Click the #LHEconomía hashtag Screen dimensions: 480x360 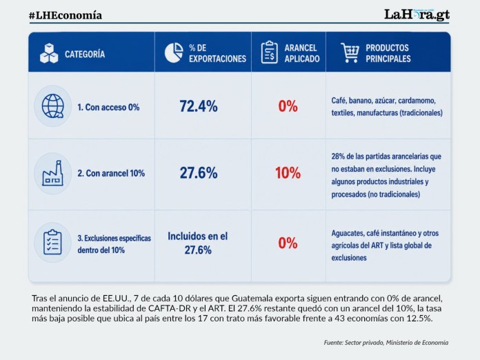pyautogui.click(x=66, y=15)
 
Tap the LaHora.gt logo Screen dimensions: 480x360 pyautogui.click(x=417, y=14)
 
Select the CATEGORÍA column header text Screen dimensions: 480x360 pyautogui.click(x=85, y=54)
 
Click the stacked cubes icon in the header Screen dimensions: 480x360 pyautogui.click(x=49, y=53)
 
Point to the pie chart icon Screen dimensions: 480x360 pyautogui.click(x=174, y=52)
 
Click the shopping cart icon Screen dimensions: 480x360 pyautogui.click(x=350, y=52)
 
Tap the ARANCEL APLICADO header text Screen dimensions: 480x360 pyautogui.click(x=302, y=53)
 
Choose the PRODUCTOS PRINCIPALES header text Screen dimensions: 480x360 pyautogui.click(x=388, y=53)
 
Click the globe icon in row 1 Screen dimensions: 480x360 pyautogui.click(x=53, y=106)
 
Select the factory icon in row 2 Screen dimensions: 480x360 pyautogui.click(x=52, y=173)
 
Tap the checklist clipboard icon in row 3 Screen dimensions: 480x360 pyautogui.click(x=52, y=242)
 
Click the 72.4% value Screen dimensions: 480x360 pyautogui.click(x=199, y=106)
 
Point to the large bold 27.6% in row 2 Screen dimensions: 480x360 pyautogui.click(x=199, y=172)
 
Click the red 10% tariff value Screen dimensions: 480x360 pyautogui.click(x=288, y=173)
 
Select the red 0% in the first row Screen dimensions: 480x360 pyautogui.click(x=288, y=106)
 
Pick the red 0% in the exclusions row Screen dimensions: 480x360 pyautogui.click(x=288, y=243)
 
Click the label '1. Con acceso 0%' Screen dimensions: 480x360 pyautogui.click(x=108, y=107)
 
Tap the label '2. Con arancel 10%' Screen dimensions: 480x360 pyautogui.click(x=111, y=173)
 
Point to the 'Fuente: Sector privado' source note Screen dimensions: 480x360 pyautogui.click(x=354, y=343)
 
